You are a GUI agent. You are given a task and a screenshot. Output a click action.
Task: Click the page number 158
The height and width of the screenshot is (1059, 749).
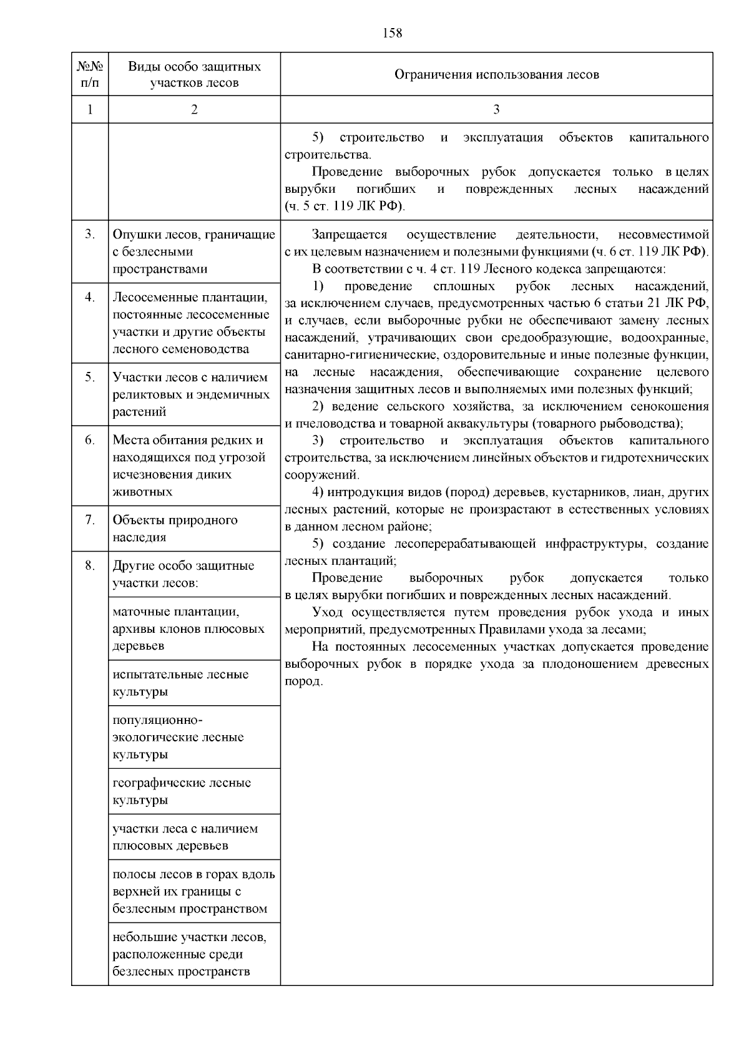(393, 33)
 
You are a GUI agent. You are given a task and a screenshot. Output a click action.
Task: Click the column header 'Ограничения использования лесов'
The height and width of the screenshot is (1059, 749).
(496, 75)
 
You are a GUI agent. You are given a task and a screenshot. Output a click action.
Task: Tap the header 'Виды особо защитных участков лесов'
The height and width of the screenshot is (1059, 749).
(194, 74)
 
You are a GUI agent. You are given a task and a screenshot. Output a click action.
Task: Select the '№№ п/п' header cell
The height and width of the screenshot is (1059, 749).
(90, 74)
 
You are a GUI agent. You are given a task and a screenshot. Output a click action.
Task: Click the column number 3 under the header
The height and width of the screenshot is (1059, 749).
(496, 109)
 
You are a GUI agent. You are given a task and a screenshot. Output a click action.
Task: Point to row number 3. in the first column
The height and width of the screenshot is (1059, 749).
(90, 235)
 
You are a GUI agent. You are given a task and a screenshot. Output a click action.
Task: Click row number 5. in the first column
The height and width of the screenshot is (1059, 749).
(90, 377)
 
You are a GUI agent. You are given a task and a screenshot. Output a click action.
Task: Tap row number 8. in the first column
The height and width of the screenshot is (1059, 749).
(90, 565)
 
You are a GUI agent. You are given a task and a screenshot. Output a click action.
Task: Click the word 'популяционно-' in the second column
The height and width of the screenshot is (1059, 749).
(158, 720)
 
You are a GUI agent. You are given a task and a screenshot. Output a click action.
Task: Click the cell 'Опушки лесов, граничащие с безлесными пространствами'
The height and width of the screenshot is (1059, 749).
(194, 251)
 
